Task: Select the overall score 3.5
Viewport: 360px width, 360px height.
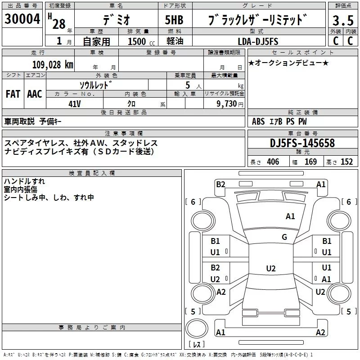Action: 343,20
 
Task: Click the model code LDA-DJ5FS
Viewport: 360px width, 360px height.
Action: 258,41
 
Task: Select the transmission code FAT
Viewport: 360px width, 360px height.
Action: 13,94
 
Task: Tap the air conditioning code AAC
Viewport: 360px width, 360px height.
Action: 34,94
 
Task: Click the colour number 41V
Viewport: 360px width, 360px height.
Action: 74,103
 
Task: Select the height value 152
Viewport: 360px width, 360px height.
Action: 346,162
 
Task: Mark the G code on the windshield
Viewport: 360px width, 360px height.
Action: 284,237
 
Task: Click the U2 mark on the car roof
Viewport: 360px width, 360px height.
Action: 270,269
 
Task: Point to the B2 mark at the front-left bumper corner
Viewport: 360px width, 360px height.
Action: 220,184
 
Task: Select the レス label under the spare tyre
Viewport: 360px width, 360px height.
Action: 196,345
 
